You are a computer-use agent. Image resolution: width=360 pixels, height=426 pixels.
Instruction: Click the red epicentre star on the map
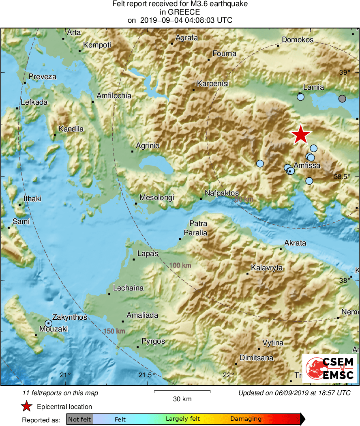[x=300, y=134]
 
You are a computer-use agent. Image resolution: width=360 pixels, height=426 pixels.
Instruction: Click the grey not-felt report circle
[x=342, y=98]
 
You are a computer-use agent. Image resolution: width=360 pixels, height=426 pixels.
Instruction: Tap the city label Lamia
[x=314, y=87]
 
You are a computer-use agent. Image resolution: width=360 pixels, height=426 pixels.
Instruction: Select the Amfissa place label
[x=307, y=166]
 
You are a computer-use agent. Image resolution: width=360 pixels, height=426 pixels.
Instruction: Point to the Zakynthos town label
[x=70, y=317]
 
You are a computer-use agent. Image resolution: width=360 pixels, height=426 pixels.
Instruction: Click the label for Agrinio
[x=148, y=146]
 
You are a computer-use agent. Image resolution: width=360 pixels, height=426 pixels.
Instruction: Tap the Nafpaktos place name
[x=222, y=193]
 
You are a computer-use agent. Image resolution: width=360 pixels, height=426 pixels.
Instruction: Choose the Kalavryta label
[x=267, y=268]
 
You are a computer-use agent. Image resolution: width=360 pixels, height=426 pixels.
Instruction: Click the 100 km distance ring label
[x=180, y=265]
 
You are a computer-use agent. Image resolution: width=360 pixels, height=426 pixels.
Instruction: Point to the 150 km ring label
[x=114, y=331]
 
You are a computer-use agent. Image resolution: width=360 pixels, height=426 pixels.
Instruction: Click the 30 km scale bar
[x=182, y=392]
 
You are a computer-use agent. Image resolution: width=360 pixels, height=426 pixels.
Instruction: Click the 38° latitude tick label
[x=345, y=280]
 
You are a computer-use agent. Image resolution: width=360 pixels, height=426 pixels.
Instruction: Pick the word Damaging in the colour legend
[x=246, y=419]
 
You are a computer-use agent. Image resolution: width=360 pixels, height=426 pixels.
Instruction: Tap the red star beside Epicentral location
[x=26, y=406]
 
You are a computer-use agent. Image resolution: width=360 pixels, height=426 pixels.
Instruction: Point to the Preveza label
[x=43, y=77]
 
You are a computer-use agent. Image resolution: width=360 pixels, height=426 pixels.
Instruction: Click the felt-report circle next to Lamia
[x=300, y=97]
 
